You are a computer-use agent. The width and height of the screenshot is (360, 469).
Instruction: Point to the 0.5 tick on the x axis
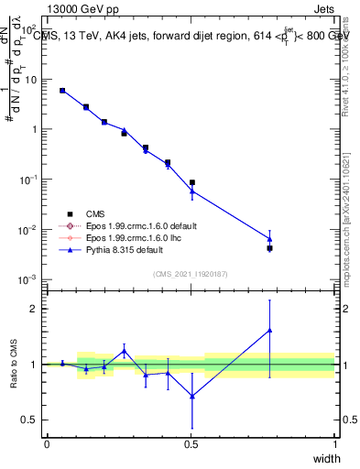point(191,444)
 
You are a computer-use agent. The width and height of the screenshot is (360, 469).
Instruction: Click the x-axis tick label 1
point(335,444)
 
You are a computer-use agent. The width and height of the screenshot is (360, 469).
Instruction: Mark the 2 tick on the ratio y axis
point(33,309)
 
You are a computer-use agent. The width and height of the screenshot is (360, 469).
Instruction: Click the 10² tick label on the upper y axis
point(29,29)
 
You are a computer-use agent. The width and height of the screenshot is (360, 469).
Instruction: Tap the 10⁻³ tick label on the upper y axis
point(28,278)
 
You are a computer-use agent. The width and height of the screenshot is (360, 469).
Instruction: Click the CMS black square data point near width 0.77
point(269,248)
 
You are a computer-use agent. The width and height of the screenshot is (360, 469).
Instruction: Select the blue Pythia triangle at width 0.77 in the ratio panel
point(269,330)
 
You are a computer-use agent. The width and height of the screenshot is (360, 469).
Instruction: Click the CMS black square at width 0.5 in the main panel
point(191,183)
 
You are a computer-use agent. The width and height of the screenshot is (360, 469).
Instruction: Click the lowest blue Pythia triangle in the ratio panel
point(191,396)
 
